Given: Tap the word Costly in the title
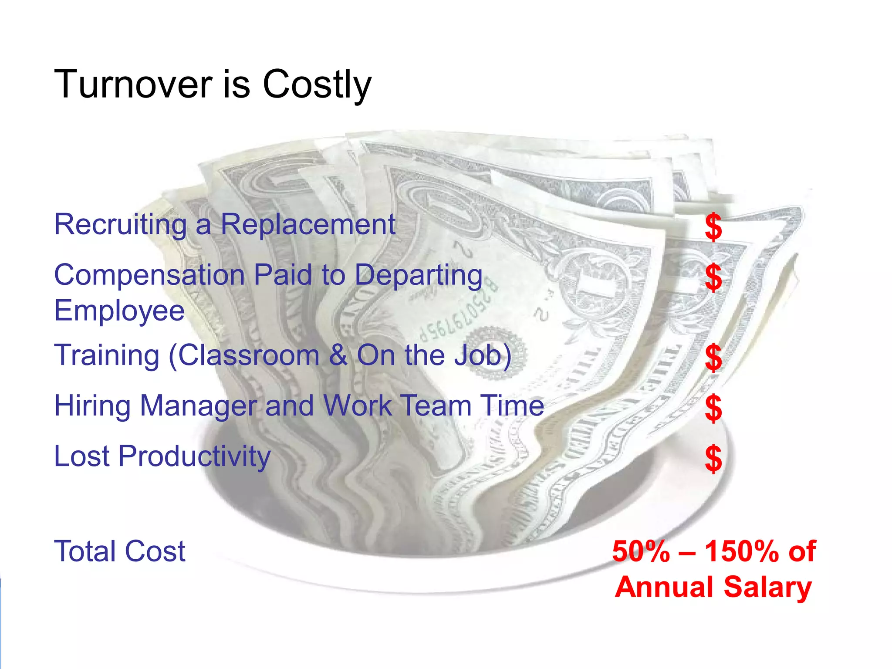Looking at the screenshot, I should tap(317, 85).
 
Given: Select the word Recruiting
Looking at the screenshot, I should tap(120, 225).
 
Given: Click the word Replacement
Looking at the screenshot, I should tap(307, 225).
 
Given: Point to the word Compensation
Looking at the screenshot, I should tap(149, 276).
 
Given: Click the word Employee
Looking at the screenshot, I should tap(119, 311).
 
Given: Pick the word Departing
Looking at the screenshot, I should tap(419, 276).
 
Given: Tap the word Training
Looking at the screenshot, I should tap(107, 355).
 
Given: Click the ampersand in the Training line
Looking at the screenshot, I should tap(338, 355).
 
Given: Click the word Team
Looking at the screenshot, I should tap(435, 406).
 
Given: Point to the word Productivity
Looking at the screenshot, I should tap(194, 457).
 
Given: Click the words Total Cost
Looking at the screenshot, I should tap(120, 551).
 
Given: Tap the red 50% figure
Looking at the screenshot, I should tap(640, 551).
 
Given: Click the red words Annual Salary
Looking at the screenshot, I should tap(713, 587).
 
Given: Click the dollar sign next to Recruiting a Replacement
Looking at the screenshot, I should tap(713, 227).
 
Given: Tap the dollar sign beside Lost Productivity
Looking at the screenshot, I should tap(713, 459).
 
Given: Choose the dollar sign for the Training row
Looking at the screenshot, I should tap(713, 357).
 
